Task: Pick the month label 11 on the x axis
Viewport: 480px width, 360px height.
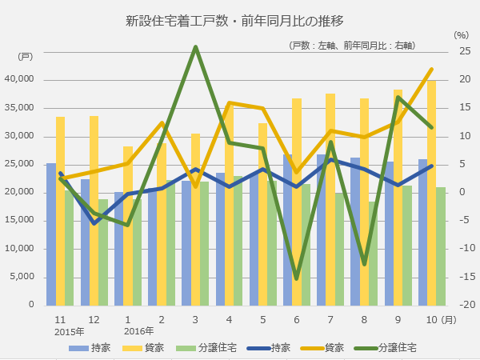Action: point(60,319)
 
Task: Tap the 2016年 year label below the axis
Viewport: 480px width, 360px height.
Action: point(138,331)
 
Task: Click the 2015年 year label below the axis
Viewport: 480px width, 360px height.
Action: point(70,331)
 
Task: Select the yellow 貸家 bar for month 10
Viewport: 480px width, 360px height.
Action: point(431,193)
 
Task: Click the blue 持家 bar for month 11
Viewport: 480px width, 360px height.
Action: point(51,234)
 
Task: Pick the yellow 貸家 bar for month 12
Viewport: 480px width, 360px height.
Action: point(94,210)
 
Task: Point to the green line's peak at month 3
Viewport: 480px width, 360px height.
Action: point(195,46)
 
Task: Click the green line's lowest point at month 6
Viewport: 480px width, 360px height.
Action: point(297,278)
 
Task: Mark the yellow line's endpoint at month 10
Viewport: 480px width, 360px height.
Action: point(432,69)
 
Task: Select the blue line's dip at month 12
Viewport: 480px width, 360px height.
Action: point(94,223)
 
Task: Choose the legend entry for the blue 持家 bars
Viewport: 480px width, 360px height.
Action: point(90,347)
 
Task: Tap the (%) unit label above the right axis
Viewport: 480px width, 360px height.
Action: point(460,34)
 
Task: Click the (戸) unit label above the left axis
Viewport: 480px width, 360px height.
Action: point(26,56)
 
